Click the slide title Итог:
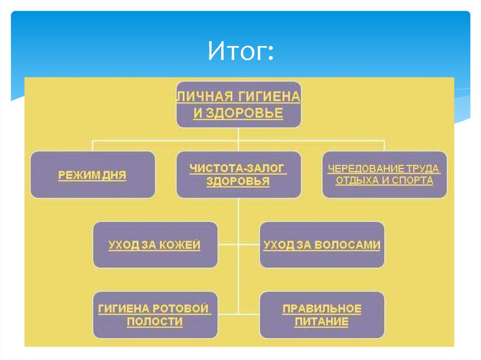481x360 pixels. point(240,51)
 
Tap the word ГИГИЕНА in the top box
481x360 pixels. point(269,97)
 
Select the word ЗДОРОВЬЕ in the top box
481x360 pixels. point(244,113)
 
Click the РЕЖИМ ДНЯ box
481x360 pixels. point(93,175)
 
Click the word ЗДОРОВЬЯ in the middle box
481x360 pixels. point(238,181)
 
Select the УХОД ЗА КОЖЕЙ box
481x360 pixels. point(155,245)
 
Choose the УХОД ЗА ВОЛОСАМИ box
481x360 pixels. point(322,245)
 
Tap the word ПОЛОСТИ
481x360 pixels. point(155,322)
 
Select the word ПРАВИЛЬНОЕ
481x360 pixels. point(322,308)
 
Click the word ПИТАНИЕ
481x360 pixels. point(321,322)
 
